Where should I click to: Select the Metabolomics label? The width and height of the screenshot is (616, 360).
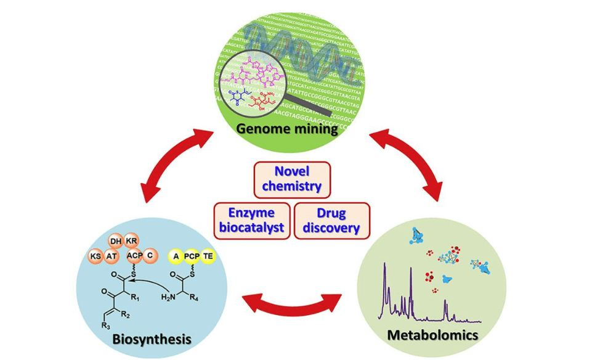point(432,335)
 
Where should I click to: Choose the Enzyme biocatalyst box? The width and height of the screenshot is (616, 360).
point(251,220)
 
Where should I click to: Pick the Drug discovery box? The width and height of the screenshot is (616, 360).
point(332,220)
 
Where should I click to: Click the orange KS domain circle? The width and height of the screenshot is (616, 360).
point(96,255)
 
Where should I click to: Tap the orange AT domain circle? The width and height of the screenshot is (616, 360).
point(113,255)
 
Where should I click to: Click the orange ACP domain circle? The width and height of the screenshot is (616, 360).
point(134,255)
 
